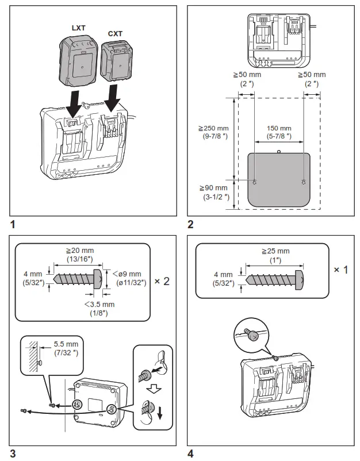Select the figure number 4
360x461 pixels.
point(190,454)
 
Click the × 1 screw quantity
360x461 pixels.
point(340,270)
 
